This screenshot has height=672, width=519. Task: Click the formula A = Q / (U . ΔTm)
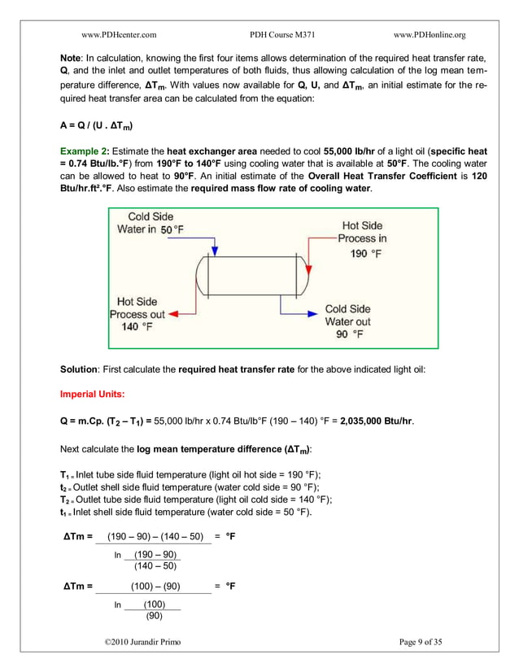98,126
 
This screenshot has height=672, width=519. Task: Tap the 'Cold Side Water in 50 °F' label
155,223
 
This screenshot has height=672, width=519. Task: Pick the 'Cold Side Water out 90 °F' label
347,321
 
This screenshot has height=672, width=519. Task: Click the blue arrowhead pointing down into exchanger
214,250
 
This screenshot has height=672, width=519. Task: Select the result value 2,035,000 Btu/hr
375,421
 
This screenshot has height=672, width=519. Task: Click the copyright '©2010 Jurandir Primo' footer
143,642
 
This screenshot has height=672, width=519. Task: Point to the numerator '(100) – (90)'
155,586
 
